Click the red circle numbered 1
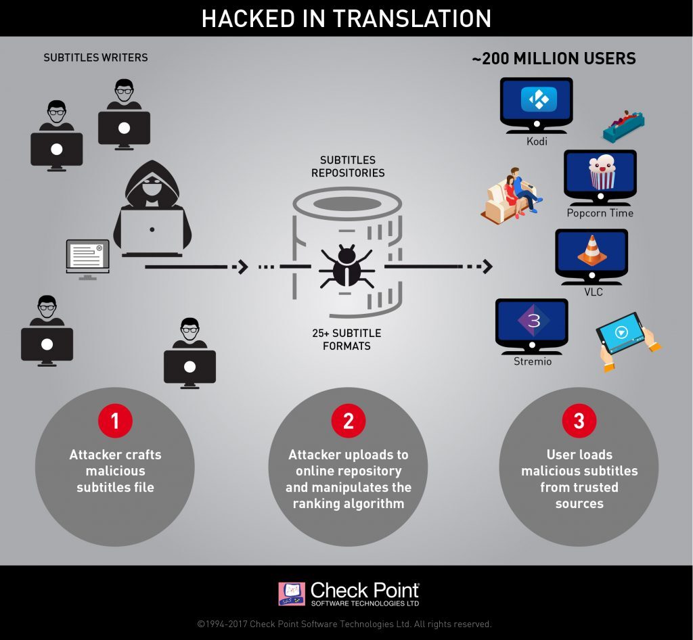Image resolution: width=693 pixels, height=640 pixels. pos(115,421)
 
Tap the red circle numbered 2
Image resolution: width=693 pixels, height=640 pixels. pos(348,421)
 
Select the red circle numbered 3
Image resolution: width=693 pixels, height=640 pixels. pos(579,421)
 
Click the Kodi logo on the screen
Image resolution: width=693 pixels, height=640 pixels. pos(539,100)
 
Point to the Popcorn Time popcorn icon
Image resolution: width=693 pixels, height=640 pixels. pos(600,173)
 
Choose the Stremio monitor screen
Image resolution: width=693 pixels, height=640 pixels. pos(533,322)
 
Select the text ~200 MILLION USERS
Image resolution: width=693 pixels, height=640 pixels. pos(554,59)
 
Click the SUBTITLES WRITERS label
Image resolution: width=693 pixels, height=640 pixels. pos(95,58)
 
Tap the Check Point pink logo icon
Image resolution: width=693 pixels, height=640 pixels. pos(291,594)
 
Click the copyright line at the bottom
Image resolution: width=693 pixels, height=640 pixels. pos(344,624)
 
